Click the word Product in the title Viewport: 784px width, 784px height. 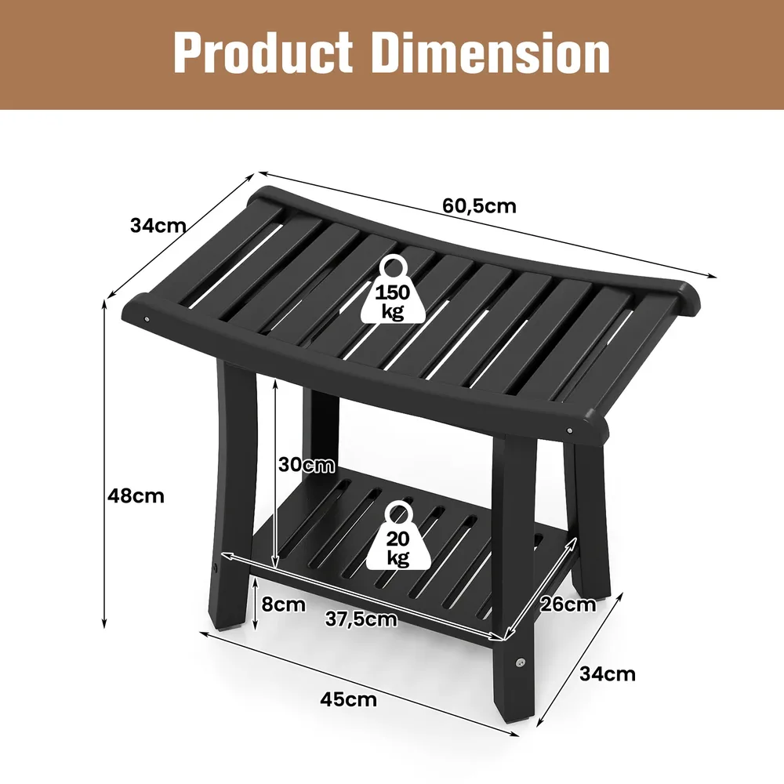click(263, 53)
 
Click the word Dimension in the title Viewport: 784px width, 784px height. click(492, 53)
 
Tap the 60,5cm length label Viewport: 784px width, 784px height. click(479, 206)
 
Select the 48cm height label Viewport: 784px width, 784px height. click(136, 495)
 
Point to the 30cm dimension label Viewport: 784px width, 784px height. click(306, 464)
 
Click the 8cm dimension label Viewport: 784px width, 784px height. click(284, 604)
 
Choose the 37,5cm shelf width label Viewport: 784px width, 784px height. click(361, 619)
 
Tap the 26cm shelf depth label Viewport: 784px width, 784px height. click(568, 604)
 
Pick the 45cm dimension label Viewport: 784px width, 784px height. click(349, 699)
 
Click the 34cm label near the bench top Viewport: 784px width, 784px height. click(158, 226)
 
